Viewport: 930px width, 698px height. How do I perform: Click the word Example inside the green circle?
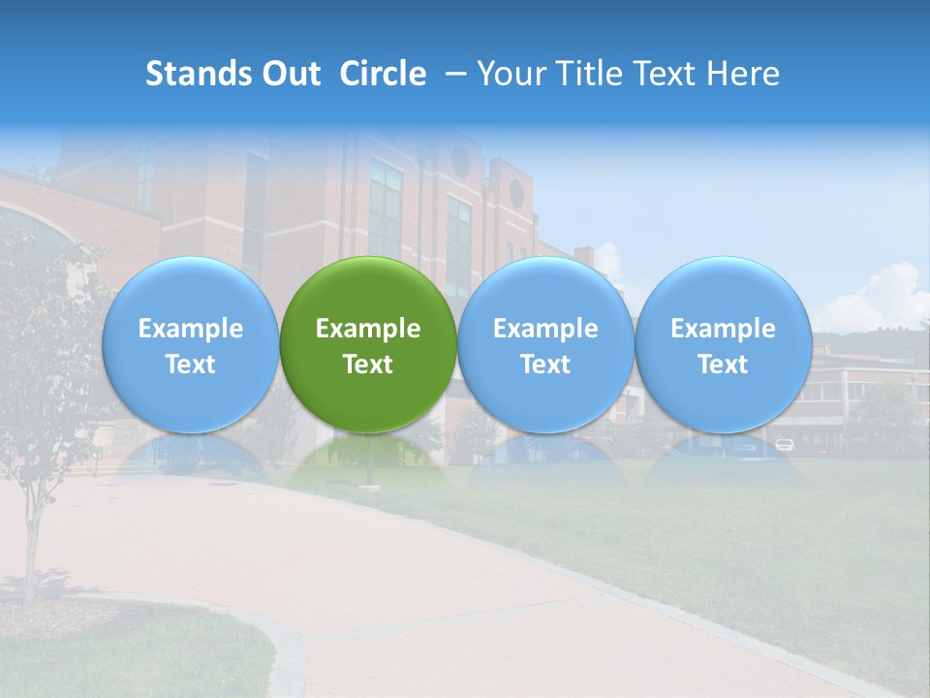[x=368, y=329]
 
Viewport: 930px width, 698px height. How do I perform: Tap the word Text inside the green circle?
[x=368, y=365]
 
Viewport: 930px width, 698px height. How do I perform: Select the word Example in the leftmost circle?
[x=190, y=329]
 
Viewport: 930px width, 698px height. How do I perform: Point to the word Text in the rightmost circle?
[x=723, y=365]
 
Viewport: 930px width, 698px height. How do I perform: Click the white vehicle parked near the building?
[x=784, y=445]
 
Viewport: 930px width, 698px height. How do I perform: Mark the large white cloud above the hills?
[x=877, y=296]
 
